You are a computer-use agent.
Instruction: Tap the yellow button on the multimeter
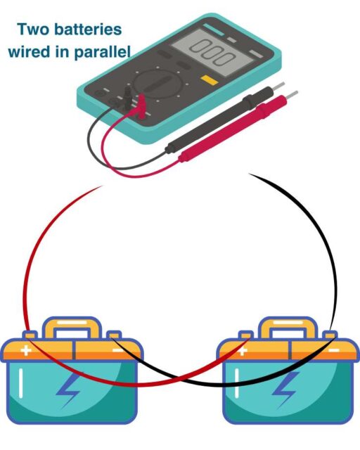(x=207, y=79)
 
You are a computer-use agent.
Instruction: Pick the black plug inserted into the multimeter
(x=127, y=98)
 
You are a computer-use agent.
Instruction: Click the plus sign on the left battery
(x=26, y=349)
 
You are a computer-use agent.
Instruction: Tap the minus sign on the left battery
(x=117, y=349)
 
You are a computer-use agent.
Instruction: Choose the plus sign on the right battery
(x=243, y=349)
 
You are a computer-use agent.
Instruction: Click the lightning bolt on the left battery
(x=70, y=391)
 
